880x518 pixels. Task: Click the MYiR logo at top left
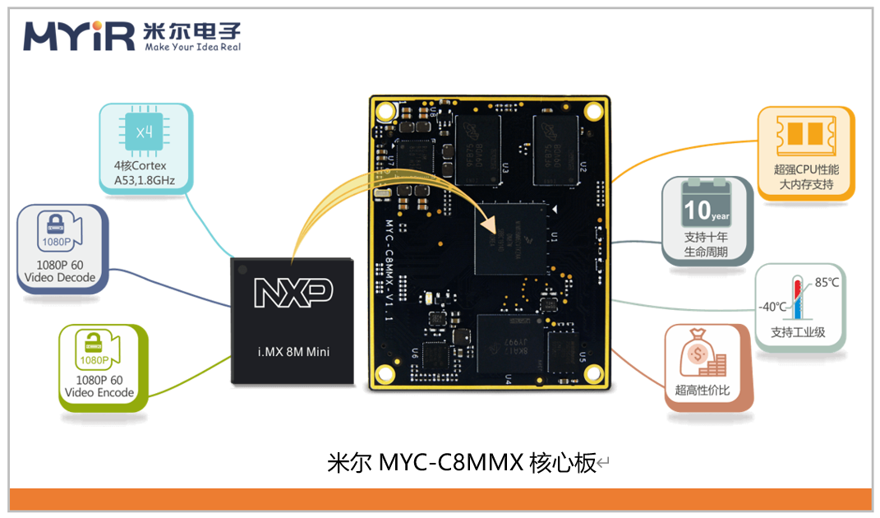pos(78,35)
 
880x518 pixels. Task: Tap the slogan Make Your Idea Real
pos(192,48)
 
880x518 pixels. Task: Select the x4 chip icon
pos(145,132)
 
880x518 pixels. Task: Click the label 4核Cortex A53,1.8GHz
pos(145,173)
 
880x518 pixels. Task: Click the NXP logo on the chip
pos(293,291)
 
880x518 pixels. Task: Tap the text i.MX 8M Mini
pos(293,352)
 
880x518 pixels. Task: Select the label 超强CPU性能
pos(806,169)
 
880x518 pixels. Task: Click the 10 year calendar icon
pos(707,204)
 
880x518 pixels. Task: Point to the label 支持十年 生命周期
pos(707,245)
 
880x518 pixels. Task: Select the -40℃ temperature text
pos(772,308)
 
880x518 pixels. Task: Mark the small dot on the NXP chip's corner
pos(241,268)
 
